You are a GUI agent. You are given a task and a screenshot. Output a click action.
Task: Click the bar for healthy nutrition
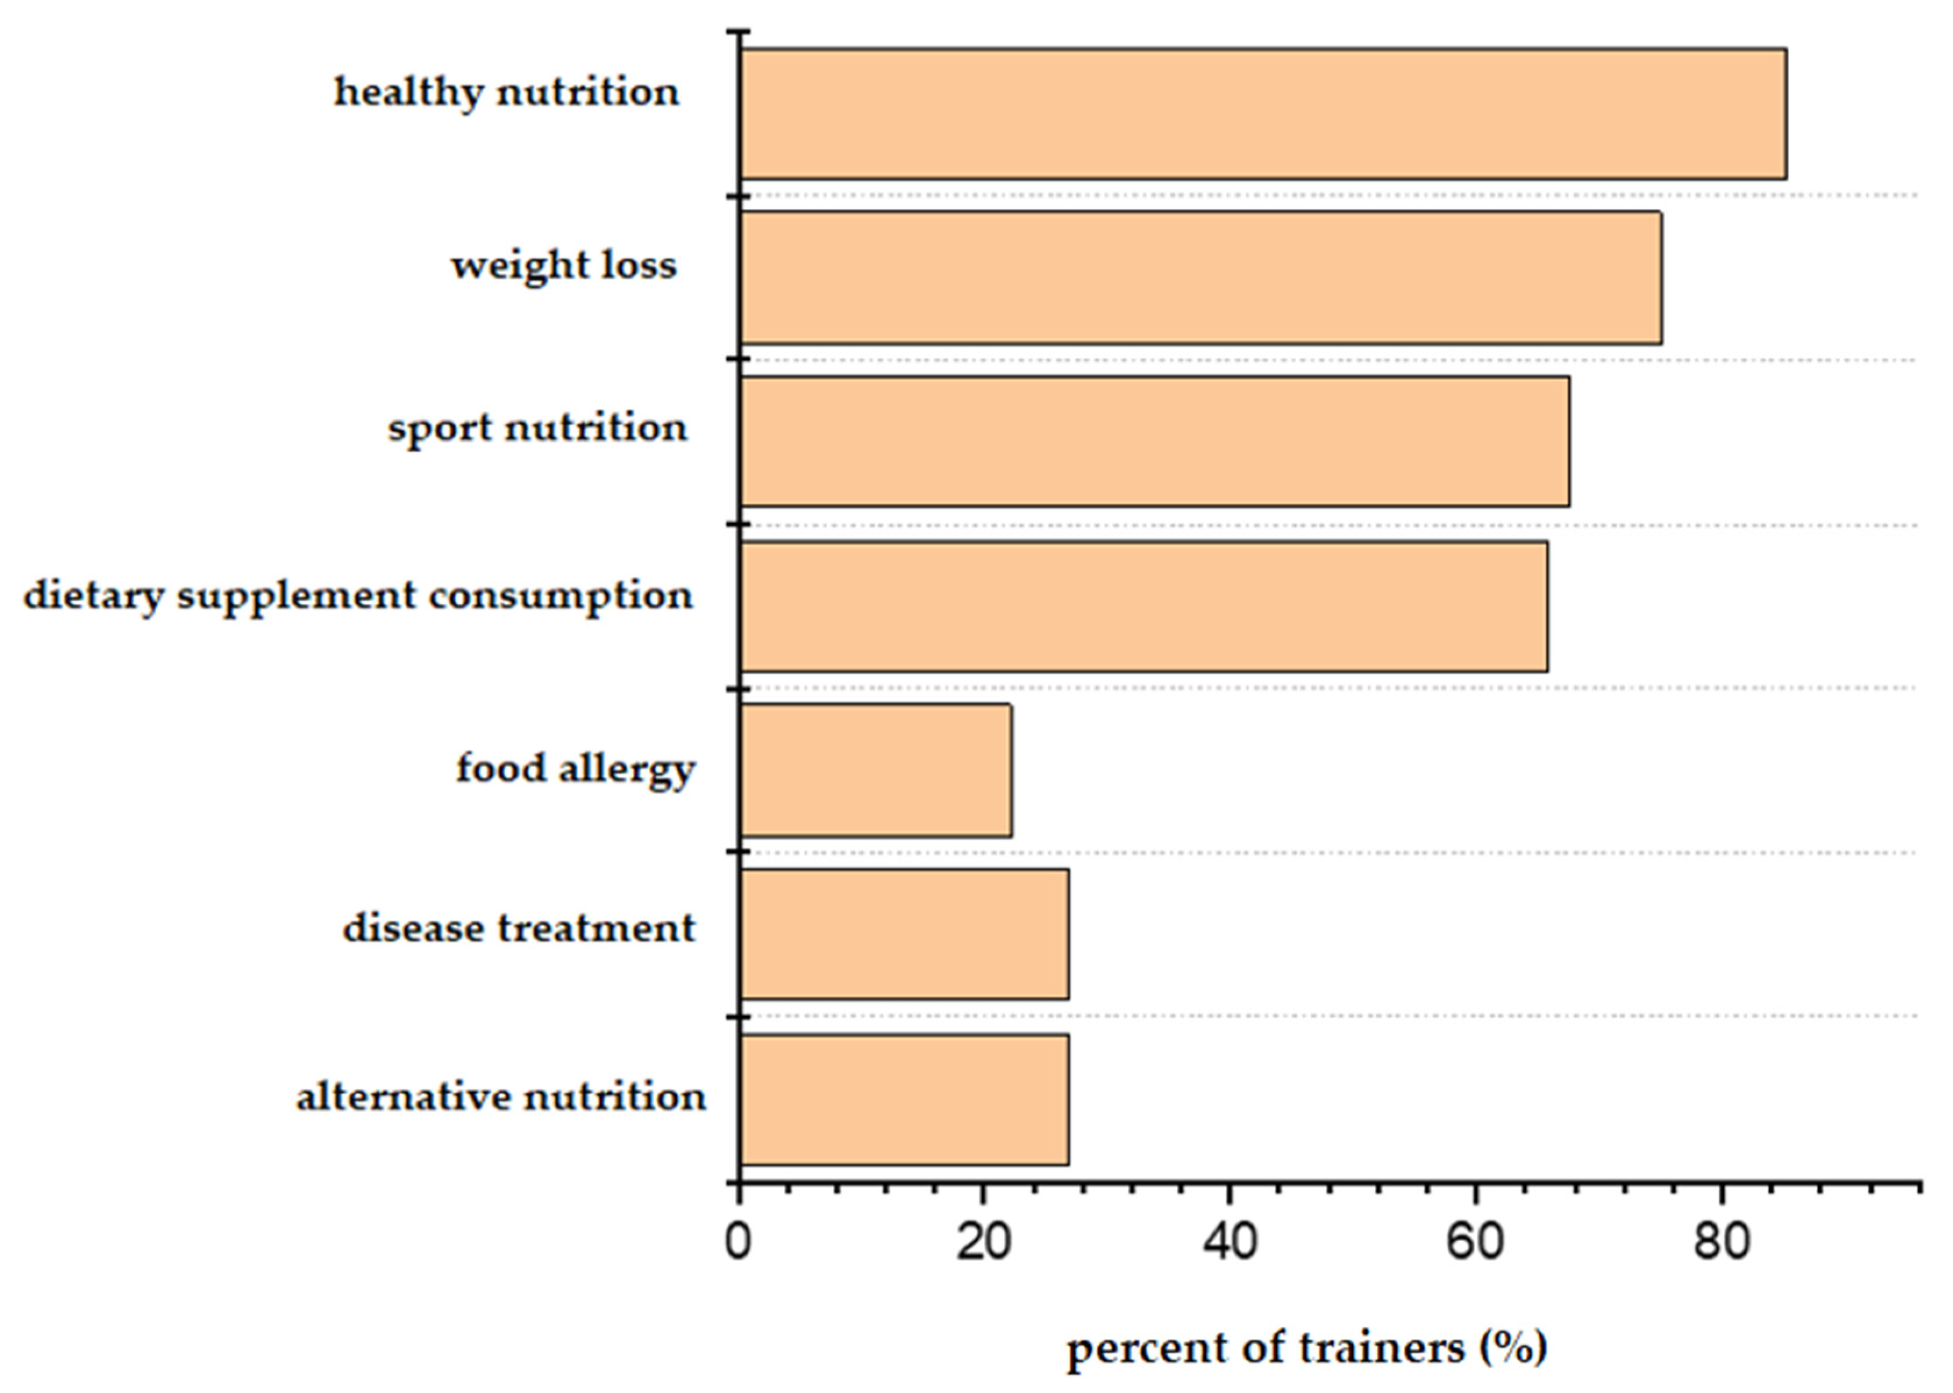pos(1263,114)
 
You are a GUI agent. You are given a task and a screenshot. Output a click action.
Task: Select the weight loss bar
pos(1201,278)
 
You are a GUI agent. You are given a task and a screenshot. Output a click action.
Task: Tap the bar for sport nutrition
pos(1154,441)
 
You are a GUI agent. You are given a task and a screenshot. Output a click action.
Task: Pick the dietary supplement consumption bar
pos(1143,607)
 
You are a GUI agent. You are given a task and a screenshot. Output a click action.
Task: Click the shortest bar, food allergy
pos(876,770)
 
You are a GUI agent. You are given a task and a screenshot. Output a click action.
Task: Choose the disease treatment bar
pos(904,934)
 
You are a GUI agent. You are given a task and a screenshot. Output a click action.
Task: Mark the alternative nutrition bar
pos(904,1100)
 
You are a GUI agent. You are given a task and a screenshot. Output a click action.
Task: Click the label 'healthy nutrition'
pos(506,92)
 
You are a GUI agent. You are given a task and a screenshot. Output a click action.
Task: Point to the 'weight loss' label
pos(564,265)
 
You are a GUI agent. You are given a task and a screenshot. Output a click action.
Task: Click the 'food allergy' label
pos(575,768)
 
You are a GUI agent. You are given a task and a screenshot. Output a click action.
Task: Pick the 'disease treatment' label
pos(519,929)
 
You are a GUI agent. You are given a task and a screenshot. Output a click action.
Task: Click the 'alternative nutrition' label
pos(501,1097)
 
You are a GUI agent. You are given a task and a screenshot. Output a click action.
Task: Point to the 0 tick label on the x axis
pos(737,1242)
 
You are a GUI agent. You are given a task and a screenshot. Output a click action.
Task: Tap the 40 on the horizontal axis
pos(1229,1242)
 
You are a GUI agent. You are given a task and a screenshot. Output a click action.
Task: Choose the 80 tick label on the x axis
pos(1720,1242)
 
